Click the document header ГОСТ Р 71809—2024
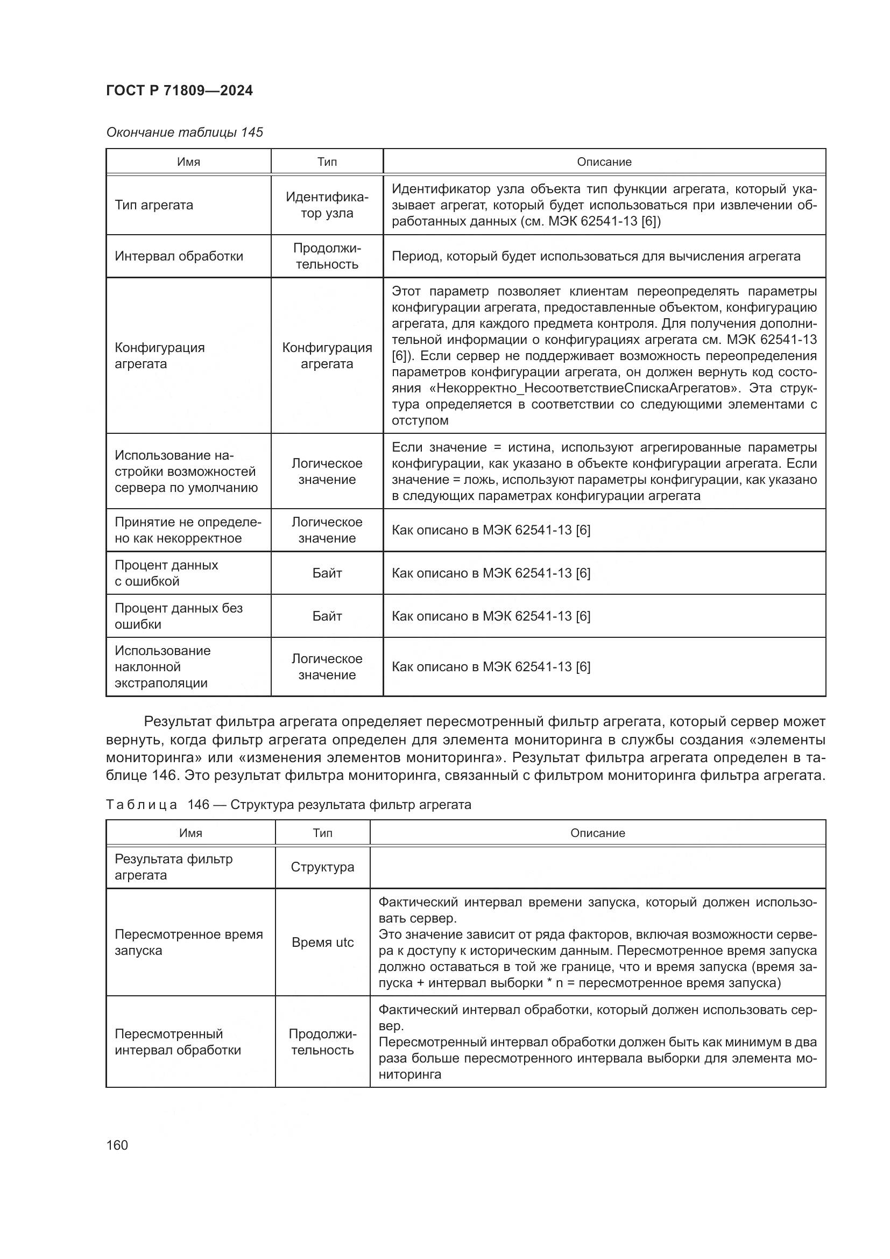pos(179,90)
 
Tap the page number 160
pos(117,1145)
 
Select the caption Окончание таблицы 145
pos(184,132)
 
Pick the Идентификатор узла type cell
pos(327,205)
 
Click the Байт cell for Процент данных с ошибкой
pos(327,573)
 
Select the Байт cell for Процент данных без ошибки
pos(327,616)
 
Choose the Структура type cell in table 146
pos(322,867)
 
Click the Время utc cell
pos(322,942)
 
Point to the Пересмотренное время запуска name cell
pos(188,942)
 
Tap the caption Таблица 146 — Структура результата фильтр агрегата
pos(288,804)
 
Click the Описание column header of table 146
pos(597,833)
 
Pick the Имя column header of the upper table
pos(188,162)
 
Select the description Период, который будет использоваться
pos(596,256)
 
